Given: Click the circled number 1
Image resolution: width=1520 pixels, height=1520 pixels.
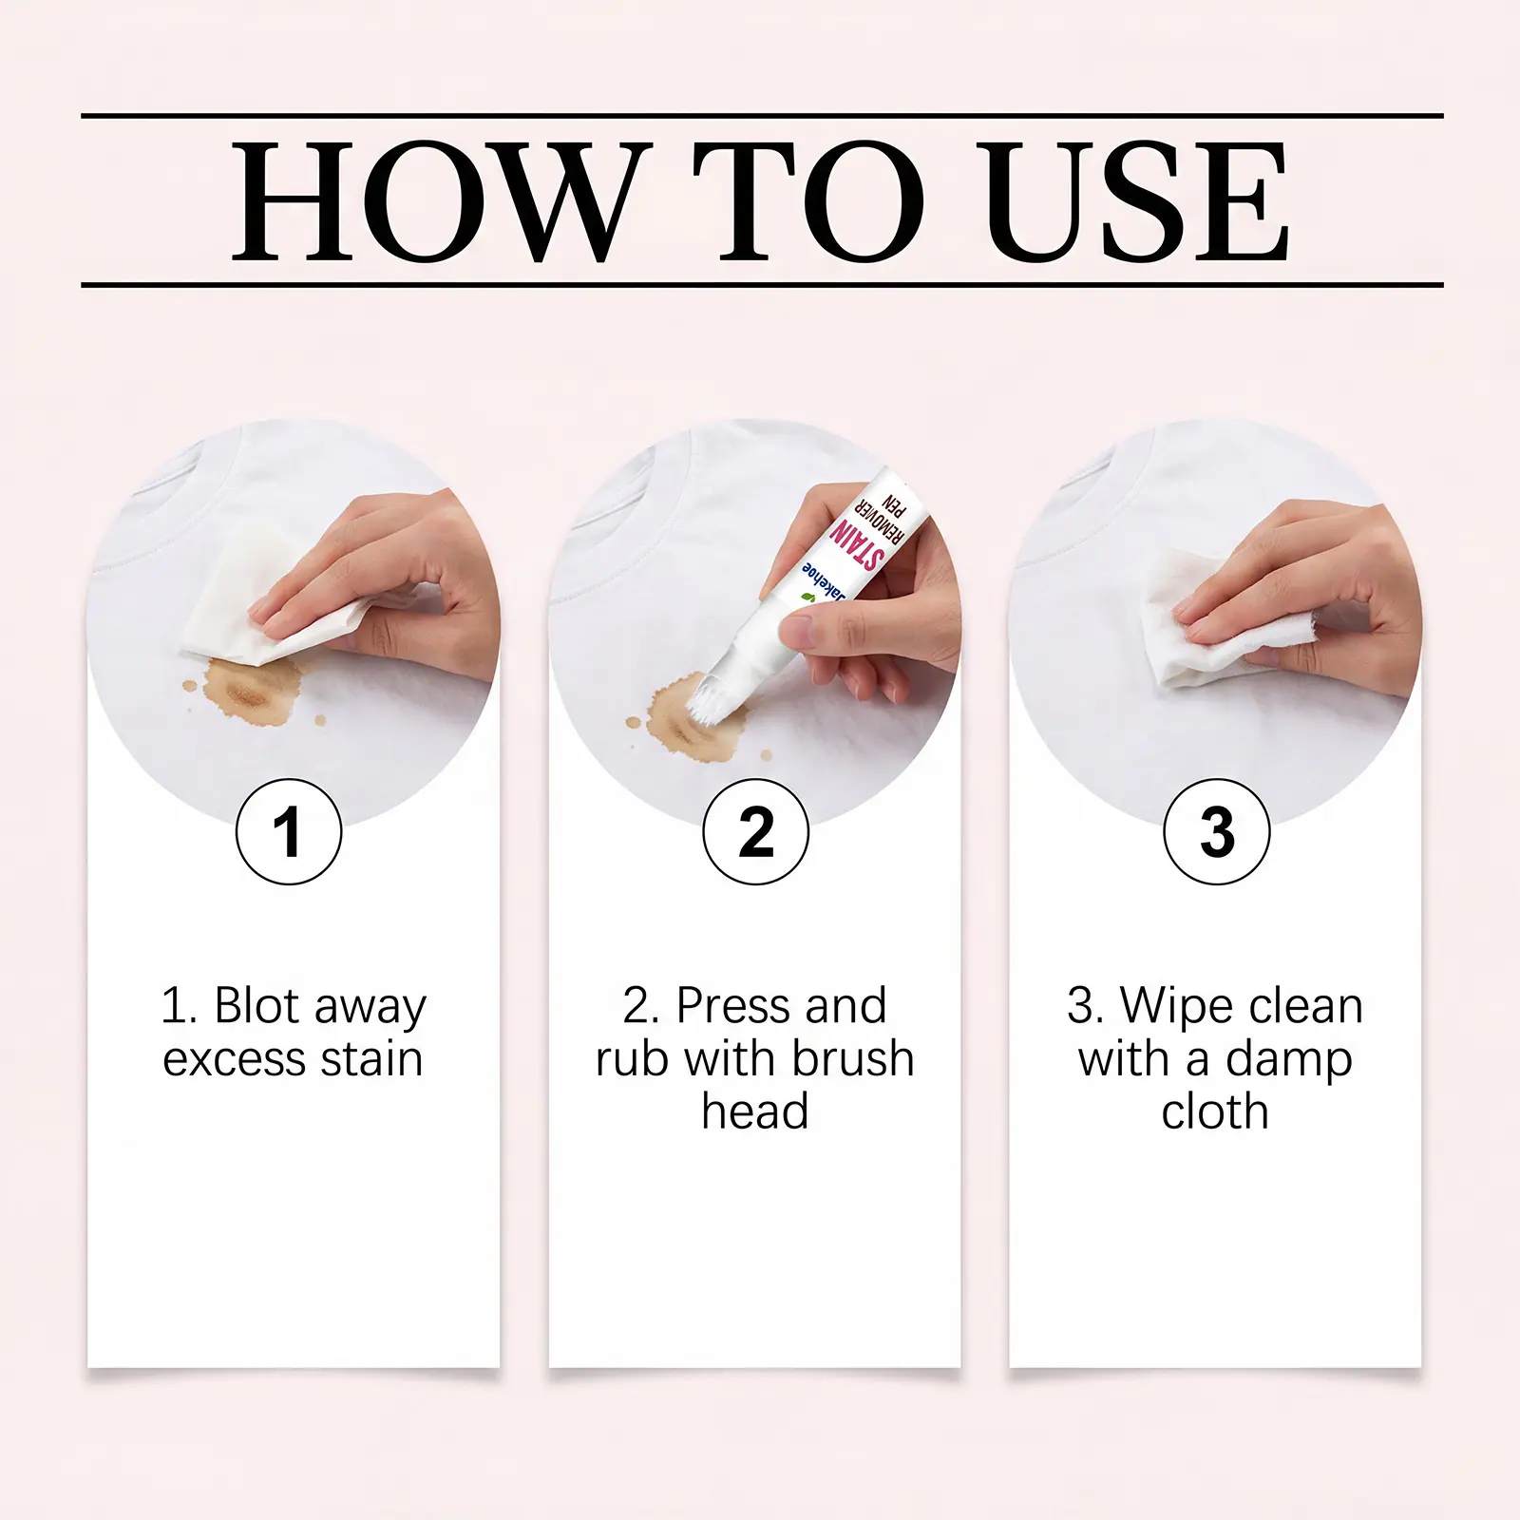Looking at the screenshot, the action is pyautogui.click(x=289, y=831).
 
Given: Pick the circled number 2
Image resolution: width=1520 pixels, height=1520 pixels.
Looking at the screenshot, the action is pyautogui.click(x=756, y=831).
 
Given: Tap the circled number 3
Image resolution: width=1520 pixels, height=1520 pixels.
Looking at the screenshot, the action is pyautogui.click(x=1216, y=831).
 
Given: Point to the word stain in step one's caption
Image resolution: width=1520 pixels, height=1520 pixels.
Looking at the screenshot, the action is pyautogui.click(x=371, y=1058).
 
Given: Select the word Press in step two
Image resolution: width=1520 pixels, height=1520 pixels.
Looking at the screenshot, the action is pyautogui.click(x=733, y=1005).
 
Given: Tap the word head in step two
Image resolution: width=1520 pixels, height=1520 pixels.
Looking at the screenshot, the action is pyautogui.click(x=755, y=1111).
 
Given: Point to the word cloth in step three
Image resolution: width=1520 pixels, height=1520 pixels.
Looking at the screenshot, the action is pyautogui.click(x=1215, y=1111).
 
